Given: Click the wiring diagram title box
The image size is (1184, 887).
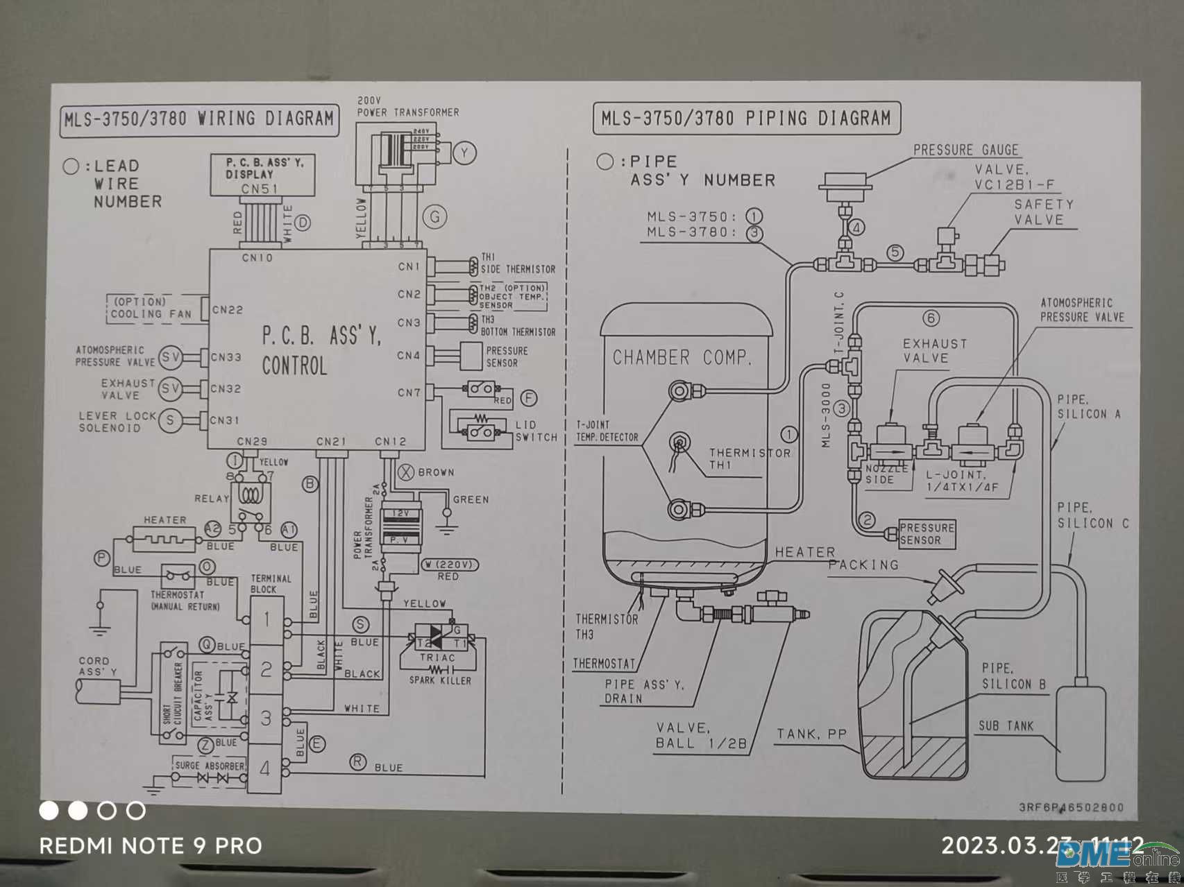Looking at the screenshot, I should (x=199, y=119).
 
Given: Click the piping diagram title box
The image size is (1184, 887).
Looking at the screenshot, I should (x=746, y=119).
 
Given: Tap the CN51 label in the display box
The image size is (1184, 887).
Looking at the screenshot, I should (x=260, y=189).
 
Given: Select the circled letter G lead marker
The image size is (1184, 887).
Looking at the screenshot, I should (x=435, y=217).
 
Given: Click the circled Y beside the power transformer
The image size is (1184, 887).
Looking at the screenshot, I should (x=464, y=153).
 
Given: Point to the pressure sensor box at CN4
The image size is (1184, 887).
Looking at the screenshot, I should (x=506, y=356).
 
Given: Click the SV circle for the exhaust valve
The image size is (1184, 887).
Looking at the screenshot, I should (x=170, y=388).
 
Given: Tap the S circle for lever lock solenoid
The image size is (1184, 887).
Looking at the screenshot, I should (x=170, y=420).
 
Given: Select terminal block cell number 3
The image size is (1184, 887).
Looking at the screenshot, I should (x=266, y=718).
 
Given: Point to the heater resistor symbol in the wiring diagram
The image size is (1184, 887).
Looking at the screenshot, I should (x=164, y=538).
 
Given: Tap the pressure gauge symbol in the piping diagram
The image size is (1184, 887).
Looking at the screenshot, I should (x=843, y=187).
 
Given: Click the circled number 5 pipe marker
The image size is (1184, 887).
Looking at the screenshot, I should (x=895, y=252).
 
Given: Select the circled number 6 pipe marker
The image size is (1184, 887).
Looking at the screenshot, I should (x=931, y=318).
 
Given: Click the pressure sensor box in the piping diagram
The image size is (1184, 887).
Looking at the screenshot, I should (x=927, y=534).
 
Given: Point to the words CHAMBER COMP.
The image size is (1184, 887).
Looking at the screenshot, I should (x=682, y=358).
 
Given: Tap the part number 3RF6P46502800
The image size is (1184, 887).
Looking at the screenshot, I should (x=1071, y=807).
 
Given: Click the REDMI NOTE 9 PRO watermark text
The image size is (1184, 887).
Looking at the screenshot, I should (x=151, y=846).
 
